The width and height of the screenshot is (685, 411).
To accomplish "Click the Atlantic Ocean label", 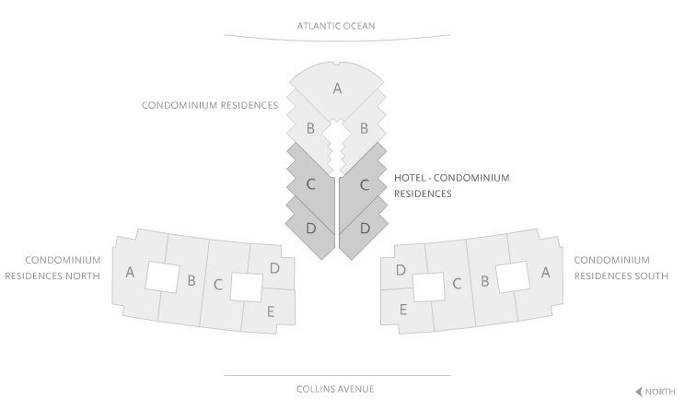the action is click(337, 26).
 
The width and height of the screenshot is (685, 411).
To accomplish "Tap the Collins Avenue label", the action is click(337, 389).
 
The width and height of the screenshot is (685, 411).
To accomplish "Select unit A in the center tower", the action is click(337, 88).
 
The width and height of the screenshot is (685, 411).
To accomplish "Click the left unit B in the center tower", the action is click(311, 129).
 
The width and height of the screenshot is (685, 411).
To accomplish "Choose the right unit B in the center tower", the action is click(364, 129).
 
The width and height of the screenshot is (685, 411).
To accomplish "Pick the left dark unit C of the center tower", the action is click(311, 184).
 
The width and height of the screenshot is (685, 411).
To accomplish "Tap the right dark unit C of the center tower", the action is click(365, 184).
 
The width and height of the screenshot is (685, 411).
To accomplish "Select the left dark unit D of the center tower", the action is click(311, 227).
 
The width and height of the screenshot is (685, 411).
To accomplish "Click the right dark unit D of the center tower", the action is click(365, 227).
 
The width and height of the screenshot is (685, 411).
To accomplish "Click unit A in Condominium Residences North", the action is click(130, 273).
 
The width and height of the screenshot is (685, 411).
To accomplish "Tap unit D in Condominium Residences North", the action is click(274, 268).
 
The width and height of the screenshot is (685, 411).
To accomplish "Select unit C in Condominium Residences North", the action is click(217, 284).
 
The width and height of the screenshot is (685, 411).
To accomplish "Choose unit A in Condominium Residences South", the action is click(545, 272).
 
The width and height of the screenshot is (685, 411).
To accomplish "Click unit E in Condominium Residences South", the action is click(403, 311).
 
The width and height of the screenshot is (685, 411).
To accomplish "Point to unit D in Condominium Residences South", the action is click(401, 270).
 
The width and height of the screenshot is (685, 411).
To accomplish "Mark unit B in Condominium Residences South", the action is click(483, 281).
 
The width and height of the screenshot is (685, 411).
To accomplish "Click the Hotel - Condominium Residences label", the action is click(451, 185).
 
